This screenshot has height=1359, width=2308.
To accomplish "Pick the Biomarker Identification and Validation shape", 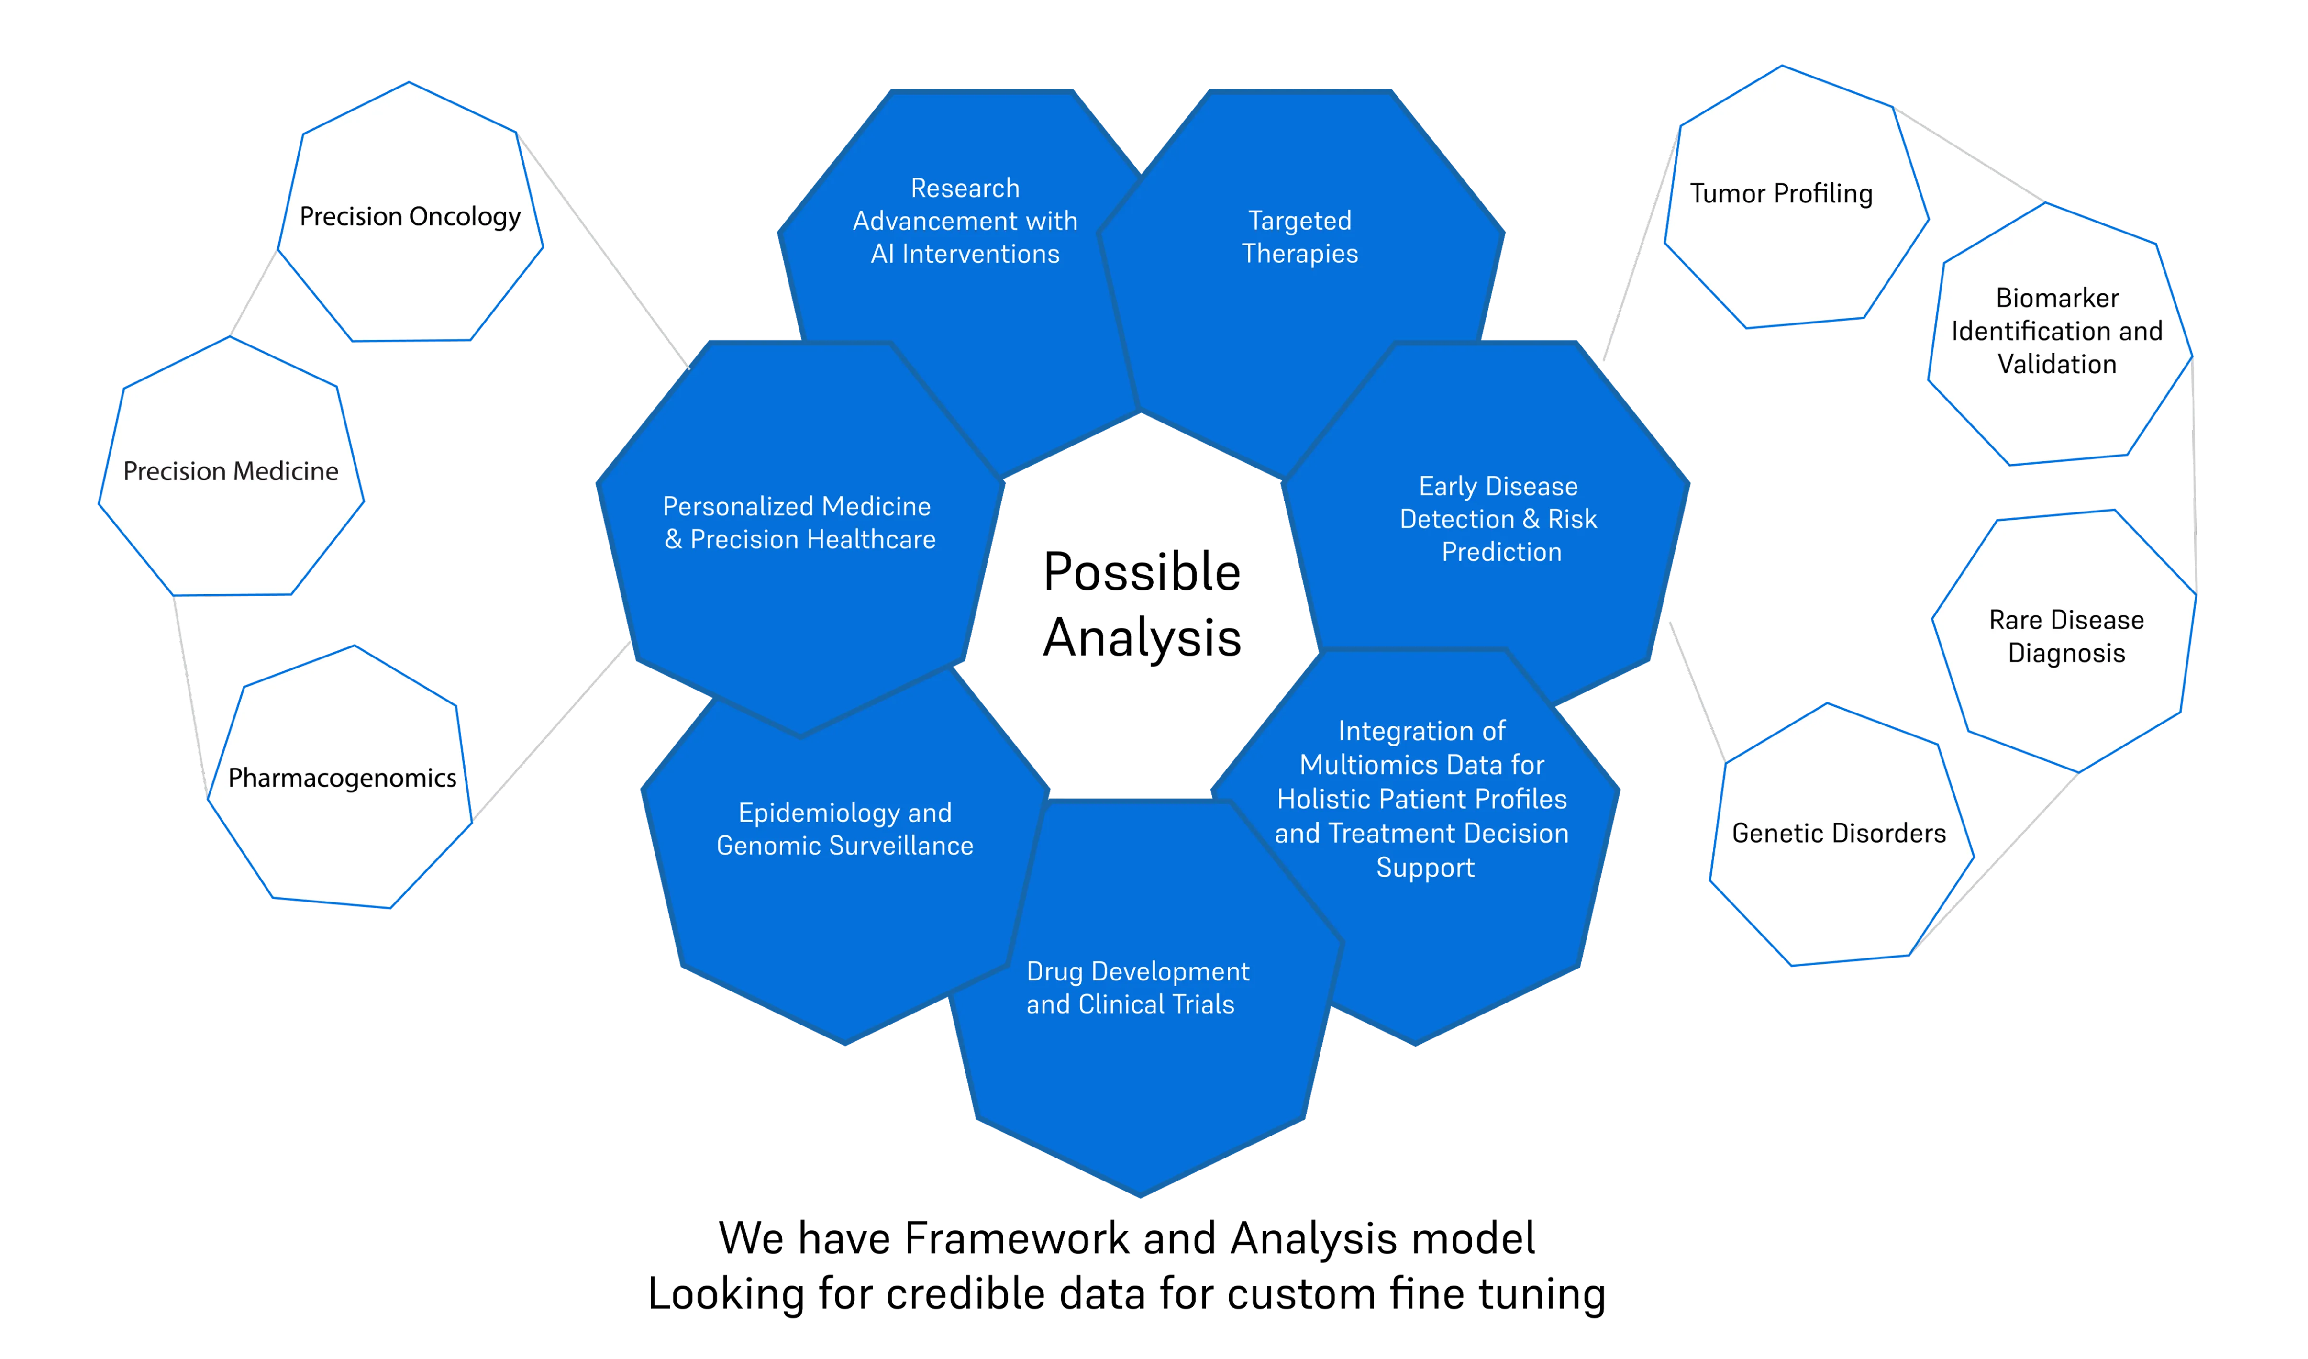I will coord(2057,332).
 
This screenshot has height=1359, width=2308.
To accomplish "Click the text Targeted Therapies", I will coord(1299,237).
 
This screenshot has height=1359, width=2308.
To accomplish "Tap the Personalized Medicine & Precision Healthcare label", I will coord(799,523).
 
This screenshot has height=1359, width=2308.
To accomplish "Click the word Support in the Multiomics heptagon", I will coord(1425,868).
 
